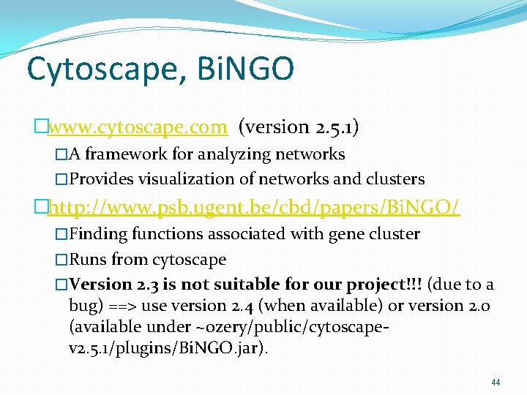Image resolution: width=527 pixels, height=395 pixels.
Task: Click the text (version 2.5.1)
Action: (x=299, y=127)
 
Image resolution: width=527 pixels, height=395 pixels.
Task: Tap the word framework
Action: (x=129, y=154)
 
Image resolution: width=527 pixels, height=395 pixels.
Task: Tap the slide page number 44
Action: (x=496, y=383)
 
